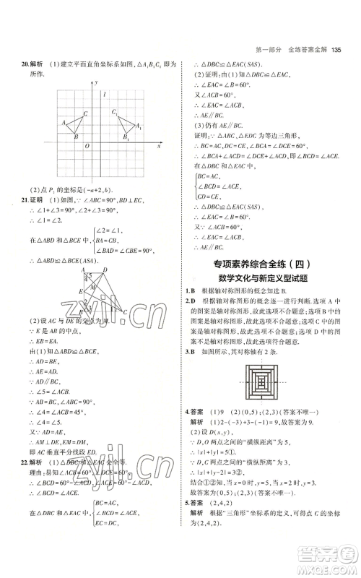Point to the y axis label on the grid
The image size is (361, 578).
pos(96,83)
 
